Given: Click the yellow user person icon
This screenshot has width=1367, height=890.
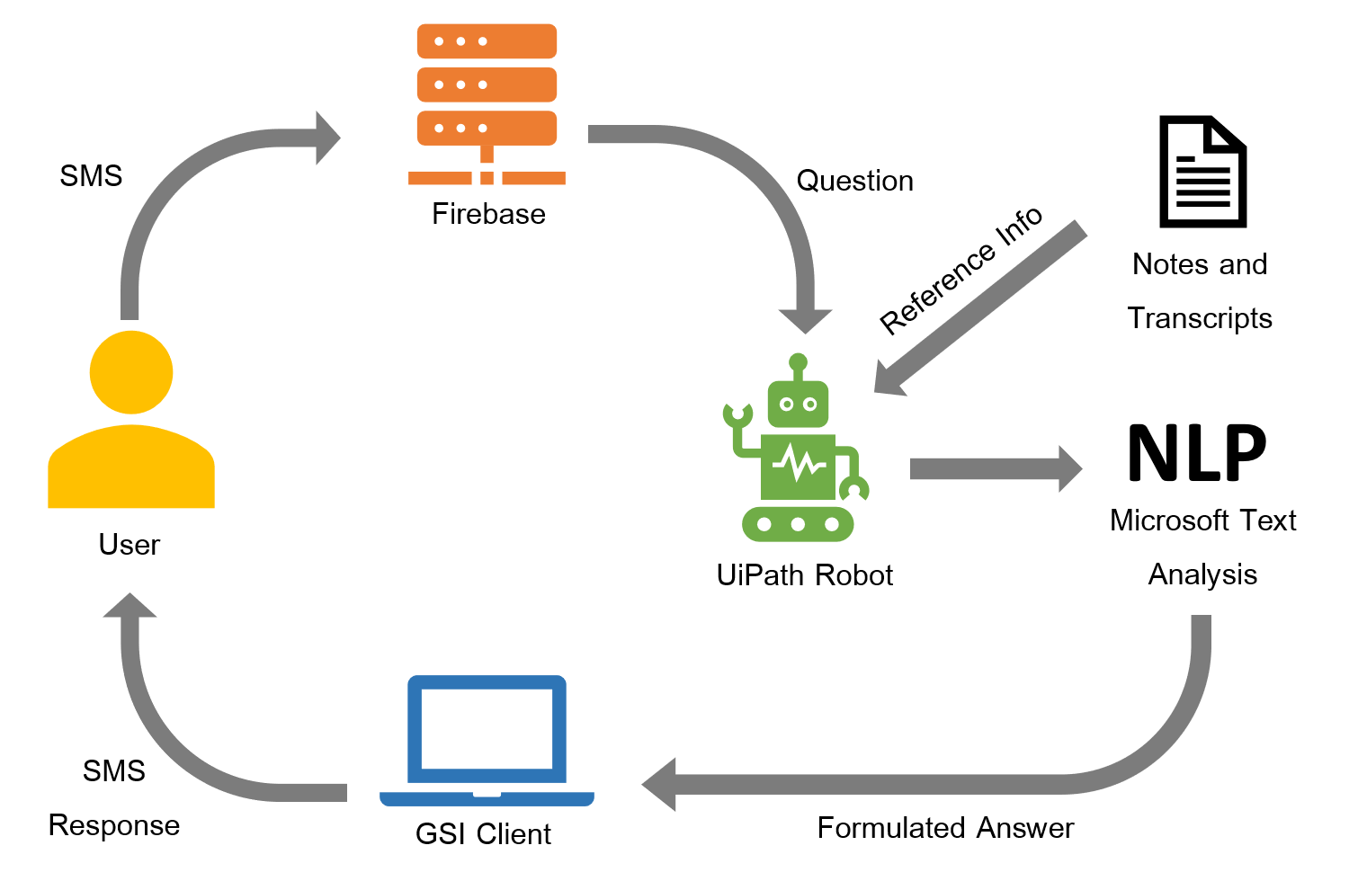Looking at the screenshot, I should pyautogui.click(x=131, y=423).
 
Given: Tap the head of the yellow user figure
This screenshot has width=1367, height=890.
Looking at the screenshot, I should pyautogui.click(x=131, y=372).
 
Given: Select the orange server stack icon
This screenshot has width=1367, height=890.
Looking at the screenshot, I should pyautogui.click(x=487, y=103).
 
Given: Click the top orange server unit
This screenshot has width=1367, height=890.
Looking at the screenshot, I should pyautogui.click(x=487, y=41).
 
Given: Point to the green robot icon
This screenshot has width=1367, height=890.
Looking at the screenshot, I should pyautogui.click(x=797, y=449).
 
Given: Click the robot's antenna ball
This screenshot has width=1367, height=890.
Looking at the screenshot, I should pyautogui.click(x=798, y=362).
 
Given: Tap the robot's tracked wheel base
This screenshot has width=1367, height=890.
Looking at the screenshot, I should pyautogui.click(x=798, y=524).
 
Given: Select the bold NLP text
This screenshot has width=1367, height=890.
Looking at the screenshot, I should pyautogui.click(x=1197, y=453).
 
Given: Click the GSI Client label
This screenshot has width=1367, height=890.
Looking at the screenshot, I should pyautogui.click(x=483, y=834).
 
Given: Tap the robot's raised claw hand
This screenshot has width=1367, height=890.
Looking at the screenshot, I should pyautogui.click(x=737, y=414).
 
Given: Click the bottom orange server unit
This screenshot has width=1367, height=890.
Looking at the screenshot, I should pyautogui.click(x=487, y=128).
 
